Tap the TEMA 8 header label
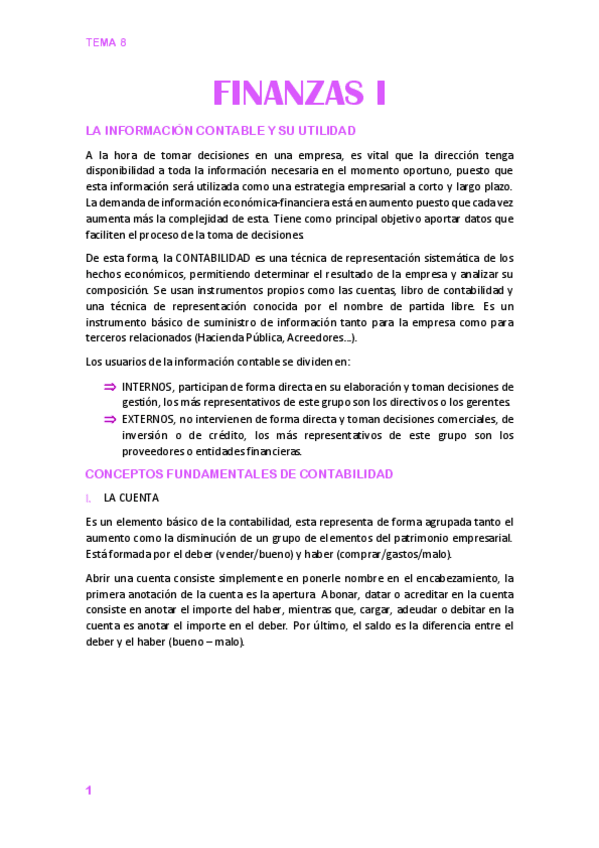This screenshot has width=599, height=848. click(x=106, y=42)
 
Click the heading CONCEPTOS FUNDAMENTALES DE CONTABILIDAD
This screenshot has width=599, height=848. click(x=239, y=473)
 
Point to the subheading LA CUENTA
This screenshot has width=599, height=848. click(x=130, y=497)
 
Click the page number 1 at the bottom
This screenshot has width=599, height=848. click(x=89, y=791)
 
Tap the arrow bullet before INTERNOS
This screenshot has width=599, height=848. click(x=110, y=387)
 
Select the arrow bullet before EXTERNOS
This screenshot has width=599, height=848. click(x=110, y=420)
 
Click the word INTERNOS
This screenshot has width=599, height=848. click(x=147, y=387)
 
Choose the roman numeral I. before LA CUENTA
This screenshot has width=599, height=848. click(x=89, y=497)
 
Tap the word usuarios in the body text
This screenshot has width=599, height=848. click(x=127, y=362)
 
